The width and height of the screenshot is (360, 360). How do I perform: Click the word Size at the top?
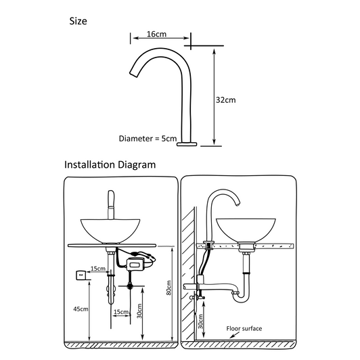[78, 21]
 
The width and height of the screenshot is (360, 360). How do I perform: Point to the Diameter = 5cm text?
[148, 138]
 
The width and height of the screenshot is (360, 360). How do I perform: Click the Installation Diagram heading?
[110, 164]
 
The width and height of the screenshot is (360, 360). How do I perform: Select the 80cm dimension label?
[168, 288]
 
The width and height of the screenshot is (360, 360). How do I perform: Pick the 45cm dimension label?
[81, 309]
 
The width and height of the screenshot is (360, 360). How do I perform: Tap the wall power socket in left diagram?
[81, 274]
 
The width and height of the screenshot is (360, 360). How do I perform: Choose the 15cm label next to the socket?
[99, 269]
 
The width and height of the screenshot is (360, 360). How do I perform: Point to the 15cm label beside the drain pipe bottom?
[121, 312]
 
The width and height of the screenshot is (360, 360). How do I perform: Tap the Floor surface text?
[244, 329]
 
